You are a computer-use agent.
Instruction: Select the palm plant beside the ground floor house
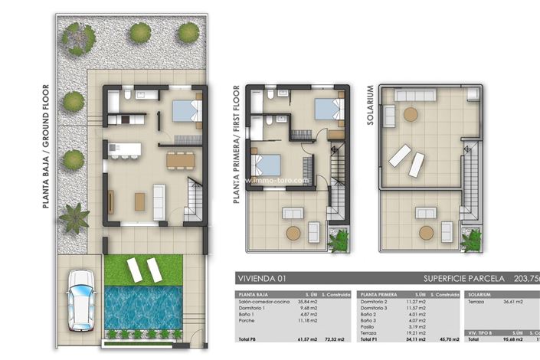click(x=74, y=218)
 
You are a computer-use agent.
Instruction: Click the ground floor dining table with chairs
click(x=181, y=159)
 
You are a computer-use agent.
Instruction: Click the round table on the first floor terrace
click(x=292, y=232)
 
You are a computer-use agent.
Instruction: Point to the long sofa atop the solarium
click(x=389, y=116)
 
